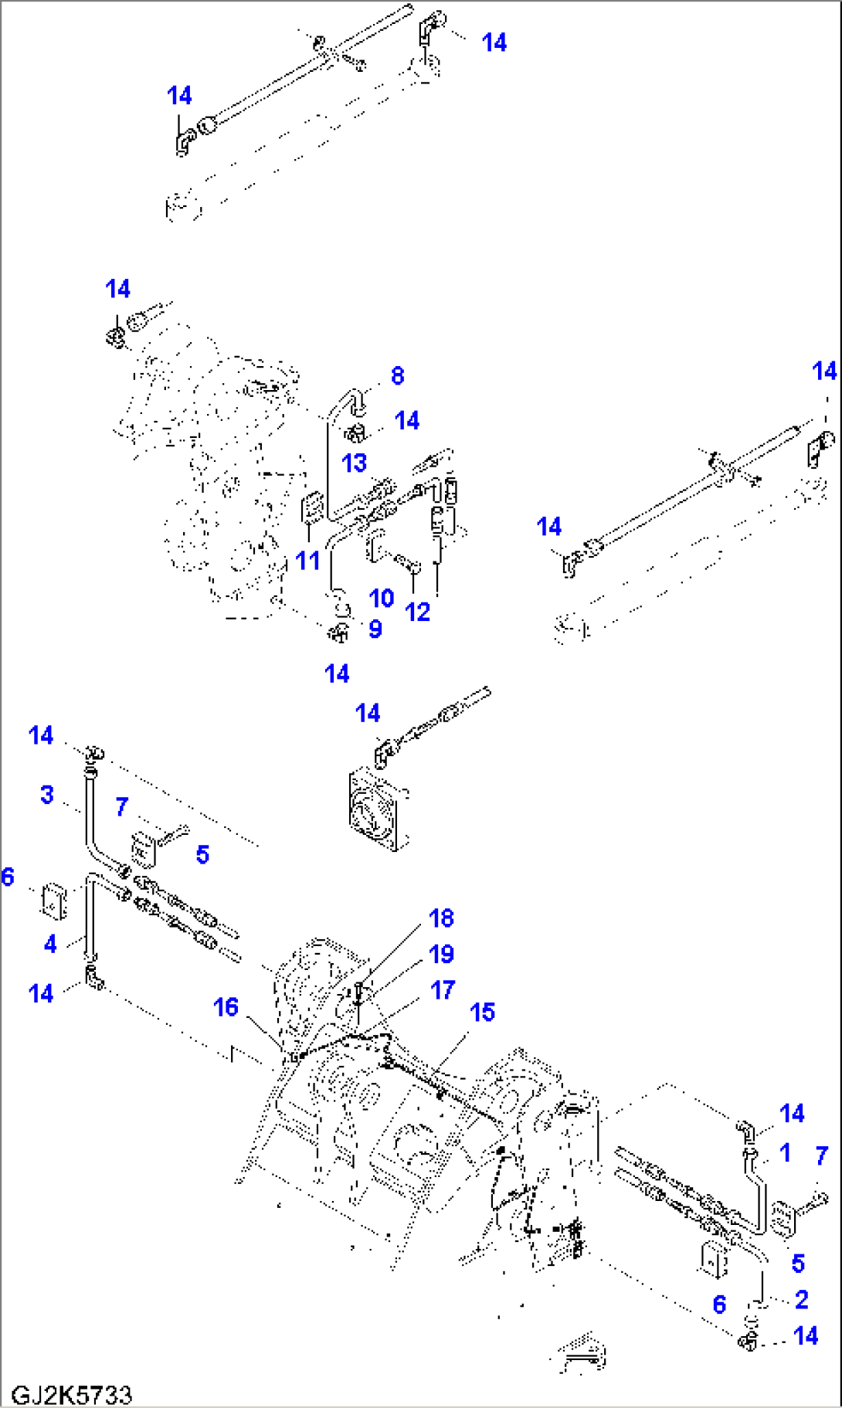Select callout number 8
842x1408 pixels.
(397, 376)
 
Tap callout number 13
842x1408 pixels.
(354, 463)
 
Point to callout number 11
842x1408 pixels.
(307, 560)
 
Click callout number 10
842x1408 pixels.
(382, 598)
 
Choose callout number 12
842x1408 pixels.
(418, 612)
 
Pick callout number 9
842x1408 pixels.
(375, 629)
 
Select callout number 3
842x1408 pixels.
(47, 794)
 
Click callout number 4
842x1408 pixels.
(50, 943)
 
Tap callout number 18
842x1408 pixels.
(442, 918)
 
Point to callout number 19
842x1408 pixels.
(442, 955)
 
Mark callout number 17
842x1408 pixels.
(443, 989)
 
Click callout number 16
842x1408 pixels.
(226, 1007)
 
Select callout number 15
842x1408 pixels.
(482, 1012)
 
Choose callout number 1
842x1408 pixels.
(785, 1152)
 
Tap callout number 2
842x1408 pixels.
(801, 1299)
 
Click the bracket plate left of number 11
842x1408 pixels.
(311, 508)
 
